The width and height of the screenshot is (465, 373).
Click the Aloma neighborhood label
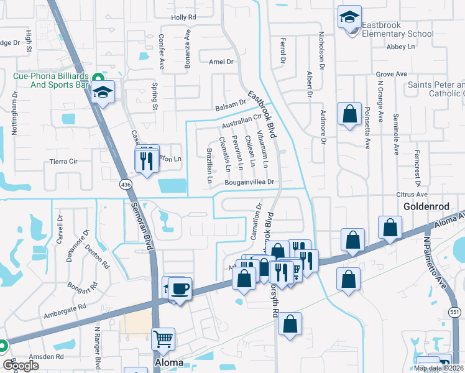coord(168,362)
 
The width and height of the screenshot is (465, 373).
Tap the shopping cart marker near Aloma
coord(163,339)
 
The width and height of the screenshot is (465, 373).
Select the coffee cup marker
coord(180,289)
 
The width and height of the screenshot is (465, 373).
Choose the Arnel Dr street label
coord(221,62)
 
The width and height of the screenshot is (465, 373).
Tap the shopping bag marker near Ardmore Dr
coord(349,114)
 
